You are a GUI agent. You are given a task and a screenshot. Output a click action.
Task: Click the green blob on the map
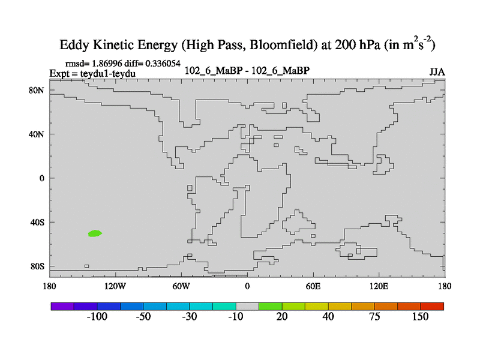[x=95, y=233]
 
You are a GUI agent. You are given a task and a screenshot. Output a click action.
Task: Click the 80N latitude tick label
[x=38, y=91]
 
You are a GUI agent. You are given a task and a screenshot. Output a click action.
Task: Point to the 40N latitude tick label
[x=38, y=134]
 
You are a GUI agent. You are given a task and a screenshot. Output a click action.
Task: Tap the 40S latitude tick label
[x=38, y=223]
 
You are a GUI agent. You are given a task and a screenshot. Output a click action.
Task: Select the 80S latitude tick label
[x=38, y=266]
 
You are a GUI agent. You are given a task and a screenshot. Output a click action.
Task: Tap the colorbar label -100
[x=97, y=317]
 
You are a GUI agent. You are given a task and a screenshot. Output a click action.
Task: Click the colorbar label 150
[x=421, y=317]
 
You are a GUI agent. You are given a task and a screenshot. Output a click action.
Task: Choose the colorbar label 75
[x=374, y=317]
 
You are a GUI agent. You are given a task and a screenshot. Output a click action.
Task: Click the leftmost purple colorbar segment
[x=62, y=306]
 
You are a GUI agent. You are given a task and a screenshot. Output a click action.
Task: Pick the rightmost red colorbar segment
[x=432, y=306]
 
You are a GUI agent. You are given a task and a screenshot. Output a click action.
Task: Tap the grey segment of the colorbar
[x=247, y=306]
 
